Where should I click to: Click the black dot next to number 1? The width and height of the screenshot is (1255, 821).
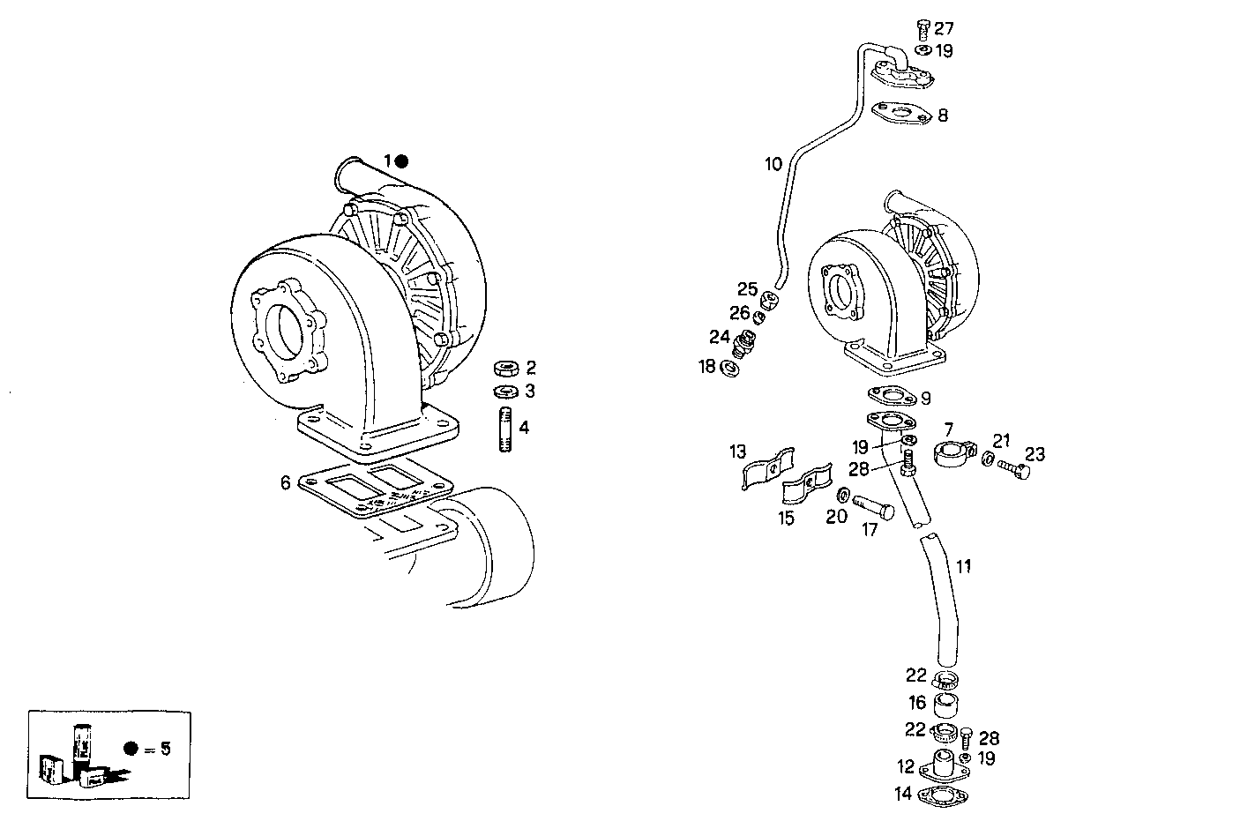(401, 161)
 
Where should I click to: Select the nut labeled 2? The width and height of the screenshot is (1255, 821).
(506, 367)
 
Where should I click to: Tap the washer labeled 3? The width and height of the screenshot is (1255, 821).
(505, 391)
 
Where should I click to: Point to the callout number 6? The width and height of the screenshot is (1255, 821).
(285, 482)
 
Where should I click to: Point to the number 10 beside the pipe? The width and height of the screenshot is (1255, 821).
(773, 163)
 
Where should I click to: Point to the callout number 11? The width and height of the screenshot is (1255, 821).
(964, 566)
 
